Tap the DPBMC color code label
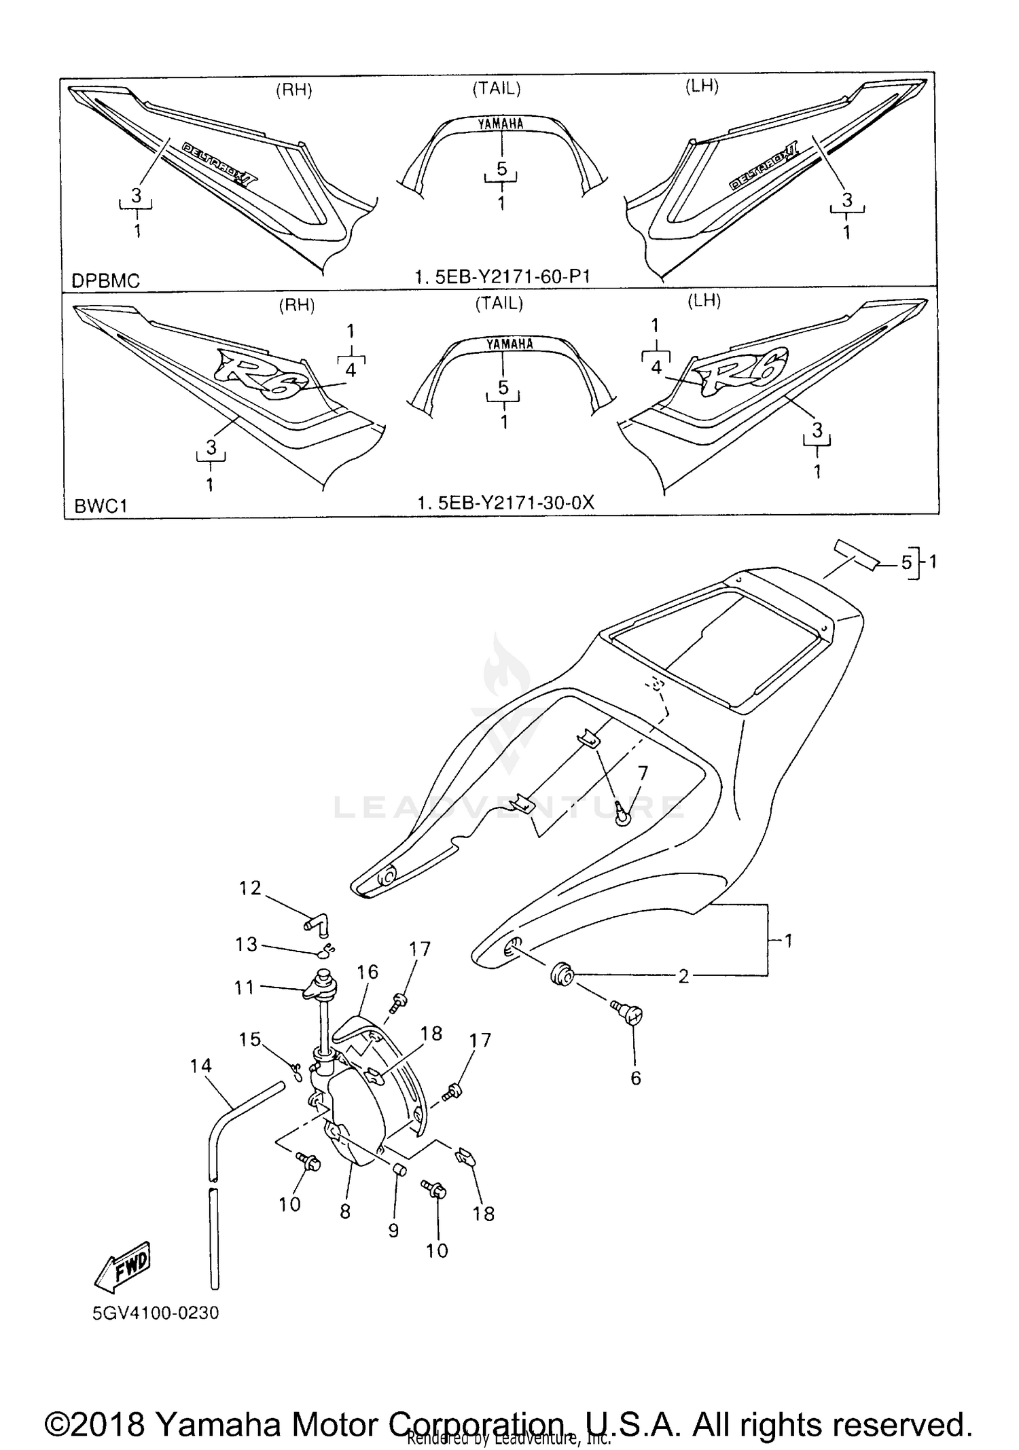[105, 280]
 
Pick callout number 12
[250, 888]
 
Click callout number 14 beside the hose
[200, 1066]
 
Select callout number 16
[368, 972]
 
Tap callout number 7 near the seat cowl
[643, 773]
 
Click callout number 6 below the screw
[636, 1078]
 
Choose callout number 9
[393, 1230]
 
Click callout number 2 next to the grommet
[683, 976]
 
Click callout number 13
[246, 944]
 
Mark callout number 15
[250, 1039]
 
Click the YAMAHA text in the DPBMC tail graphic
[501, 124]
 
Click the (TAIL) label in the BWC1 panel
[499, 304]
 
